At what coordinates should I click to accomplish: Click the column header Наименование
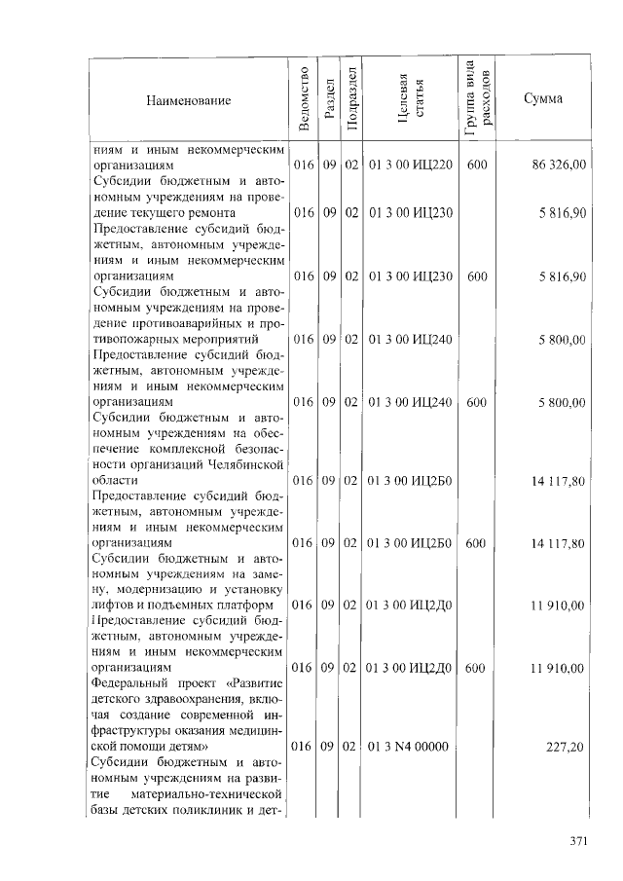189,101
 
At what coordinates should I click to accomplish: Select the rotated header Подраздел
351,99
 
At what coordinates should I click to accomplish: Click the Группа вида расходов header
476,99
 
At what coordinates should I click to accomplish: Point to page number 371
580,842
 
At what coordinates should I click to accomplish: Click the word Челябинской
246,464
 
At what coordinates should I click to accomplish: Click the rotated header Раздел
329,99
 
